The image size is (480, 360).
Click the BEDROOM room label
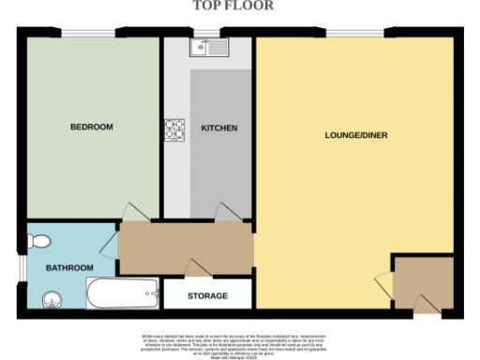(x=92, y=127)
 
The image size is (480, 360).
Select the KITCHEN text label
(x=218, y=128)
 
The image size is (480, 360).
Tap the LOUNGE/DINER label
(x=356, y=135)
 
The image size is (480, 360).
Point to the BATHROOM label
(x=71, y=268)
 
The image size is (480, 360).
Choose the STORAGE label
(x=207, y=296)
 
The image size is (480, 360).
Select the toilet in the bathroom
(x=38, y=242)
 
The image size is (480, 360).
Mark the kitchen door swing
(x=225, y=213)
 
